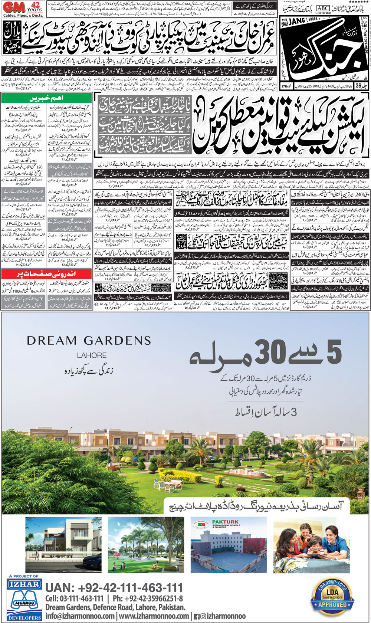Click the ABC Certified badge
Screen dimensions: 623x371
tap(323, 10)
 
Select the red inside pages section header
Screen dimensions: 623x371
tap(46, 274)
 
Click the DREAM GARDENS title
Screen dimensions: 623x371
tap(89, 340)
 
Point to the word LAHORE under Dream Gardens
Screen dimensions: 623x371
tap(92, 355)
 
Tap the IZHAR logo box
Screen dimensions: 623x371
tap(24, 584)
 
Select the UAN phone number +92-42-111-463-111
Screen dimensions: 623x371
tap(114, 588)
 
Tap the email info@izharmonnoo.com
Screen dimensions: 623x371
tap(80, 616)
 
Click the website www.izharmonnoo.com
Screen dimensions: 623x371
tap(154, 616)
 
